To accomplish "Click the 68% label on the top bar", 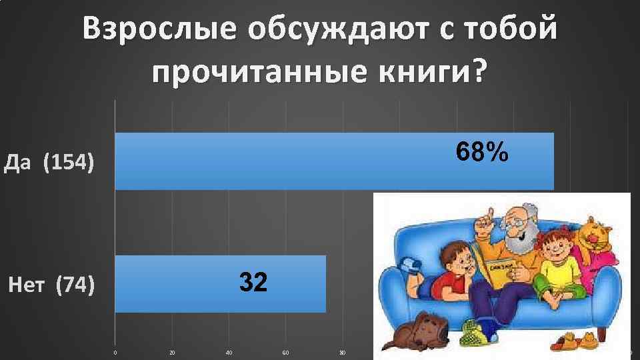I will point(483,153).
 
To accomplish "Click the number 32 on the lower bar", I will point(254,283).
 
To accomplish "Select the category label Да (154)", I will point(48,163).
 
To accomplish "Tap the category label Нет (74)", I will point(51,286).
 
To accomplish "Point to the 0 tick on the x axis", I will point(115,353).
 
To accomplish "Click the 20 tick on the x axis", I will point(173,353).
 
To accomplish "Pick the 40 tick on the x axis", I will point(229,353).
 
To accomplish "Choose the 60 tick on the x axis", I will point(286,353).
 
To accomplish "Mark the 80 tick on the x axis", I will point(343,353).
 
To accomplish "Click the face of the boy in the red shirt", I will point(457,260).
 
